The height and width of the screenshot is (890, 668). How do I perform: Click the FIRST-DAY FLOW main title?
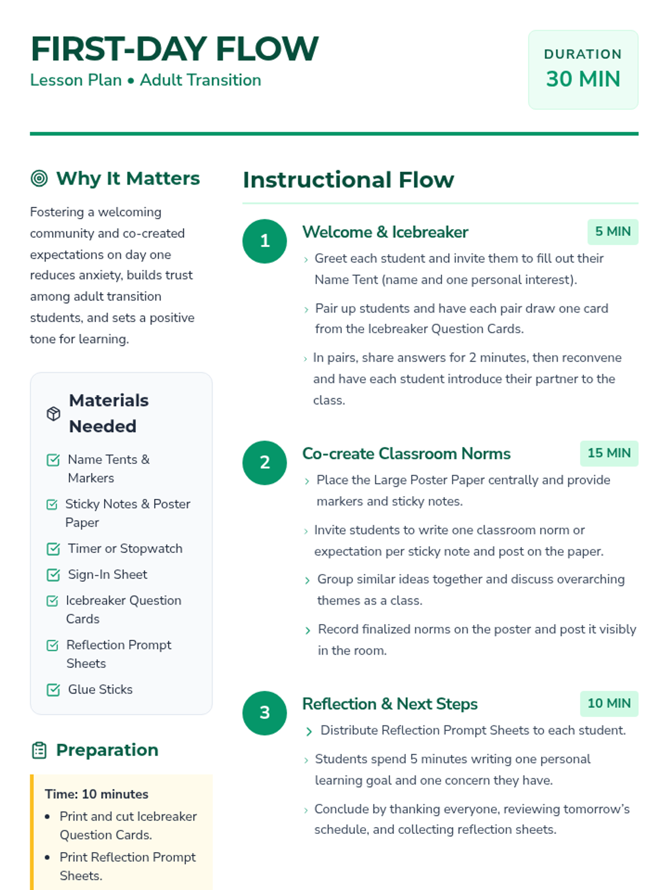tap(174, 49)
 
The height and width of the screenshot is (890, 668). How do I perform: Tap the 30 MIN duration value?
tap(583, 79)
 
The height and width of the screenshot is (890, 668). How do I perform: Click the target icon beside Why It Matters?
tap(39, 179)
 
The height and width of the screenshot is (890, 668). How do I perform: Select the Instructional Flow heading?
tap(348, 180)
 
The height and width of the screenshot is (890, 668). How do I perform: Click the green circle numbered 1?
tap(265, 241)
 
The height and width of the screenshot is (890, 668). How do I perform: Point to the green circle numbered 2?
tap(265, 462)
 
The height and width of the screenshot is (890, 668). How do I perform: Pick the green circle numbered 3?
tap(265, 713)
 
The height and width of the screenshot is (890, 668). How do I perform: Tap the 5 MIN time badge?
tap(612, 231)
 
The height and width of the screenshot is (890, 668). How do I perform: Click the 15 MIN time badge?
tap(609, 453)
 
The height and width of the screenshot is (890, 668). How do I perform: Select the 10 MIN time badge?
tap(609, 703)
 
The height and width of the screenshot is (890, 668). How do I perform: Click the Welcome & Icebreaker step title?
tap(385, 232)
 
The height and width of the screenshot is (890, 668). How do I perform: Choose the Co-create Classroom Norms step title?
tap(406, 454)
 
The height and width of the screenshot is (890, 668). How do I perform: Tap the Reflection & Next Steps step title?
tap(390, 704)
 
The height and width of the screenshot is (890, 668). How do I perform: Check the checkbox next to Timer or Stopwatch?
tap(53, 549)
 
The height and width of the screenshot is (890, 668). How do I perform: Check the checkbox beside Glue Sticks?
tap(53, 690)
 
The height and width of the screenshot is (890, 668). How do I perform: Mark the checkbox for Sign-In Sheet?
tap(53, 575)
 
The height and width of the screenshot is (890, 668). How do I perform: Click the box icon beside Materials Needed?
tap(53, 413)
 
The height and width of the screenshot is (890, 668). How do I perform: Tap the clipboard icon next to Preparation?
tap(39, 750)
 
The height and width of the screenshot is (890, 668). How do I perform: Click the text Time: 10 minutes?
tap(96, 794)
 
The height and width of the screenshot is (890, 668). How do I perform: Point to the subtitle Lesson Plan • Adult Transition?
tap(145, 80)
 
